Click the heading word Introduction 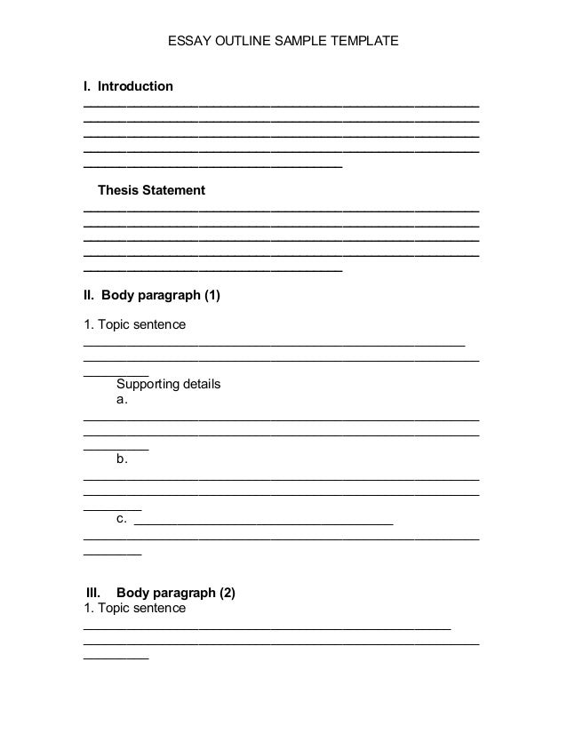point(135,87)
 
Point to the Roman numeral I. point(86,87)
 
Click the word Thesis point(118,191)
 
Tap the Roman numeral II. point(89,295)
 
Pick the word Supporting point(148,385)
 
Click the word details point(202,385)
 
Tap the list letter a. point(121,402)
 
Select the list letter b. point(121,459)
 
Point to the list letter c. point(121,518)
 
